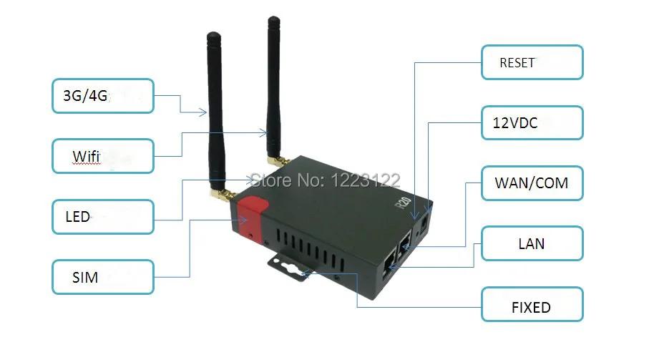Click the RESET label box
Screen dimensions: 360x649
pos(532,62)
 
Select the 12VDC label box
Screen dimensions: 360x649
pos(532,123)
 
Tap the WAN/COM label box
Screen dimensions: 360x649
pos(532,183)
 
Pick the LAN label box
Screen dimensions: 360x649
pos(532,244)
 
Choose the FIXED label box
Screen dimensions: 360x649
pos(532,307)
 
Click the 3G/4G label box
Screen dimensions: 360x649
pos(102,95)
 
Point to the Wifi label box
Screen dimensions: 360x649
pos(102,155)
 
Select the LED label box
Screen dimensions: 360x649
pos(102,216)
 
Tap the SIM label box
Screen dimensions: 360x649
pos(102,277)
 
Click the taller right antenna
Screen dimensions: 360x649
pos(274,86)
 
